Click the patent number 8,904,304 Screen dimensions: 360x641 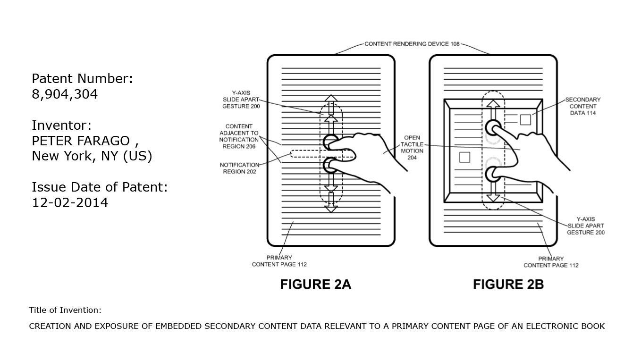click(65, 94)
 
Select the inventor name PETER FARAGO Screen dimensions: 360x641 click(80, 141)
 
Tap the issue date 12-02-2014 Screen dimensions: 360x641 click(70, 203)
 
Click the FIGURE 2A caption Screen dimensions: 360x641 click(315, 284)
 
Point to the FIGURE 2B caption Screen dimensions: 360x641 click(508, 284)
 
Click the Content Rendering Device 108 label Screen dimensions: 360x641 click(412, 44)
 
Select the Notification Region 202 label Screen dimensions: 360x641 click(238, 168)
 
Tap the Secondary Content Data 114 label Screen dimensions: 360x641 click(583, 106)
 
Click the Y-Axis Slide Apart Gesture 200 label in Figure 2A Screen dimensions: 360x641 click(241, 100)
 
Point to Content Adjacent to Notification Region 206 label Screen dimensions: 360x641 click(239, 136)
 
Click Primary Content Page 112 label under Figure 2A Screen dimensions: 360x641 click(279, 261)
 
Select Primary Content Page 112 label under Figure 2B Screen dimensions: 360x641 click(551, 262)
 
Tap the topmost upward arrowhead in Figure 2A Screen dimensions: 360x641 click(331, 98)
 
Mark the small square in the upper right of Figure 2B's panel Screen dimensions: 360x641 click(525, 120)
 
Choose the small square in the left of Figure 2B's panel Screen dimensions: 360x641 click(464, 157)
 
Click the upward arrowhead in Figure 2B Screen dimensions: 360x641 click(493, 105)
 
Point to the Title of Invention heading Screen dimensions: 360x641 click(65, 310)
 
